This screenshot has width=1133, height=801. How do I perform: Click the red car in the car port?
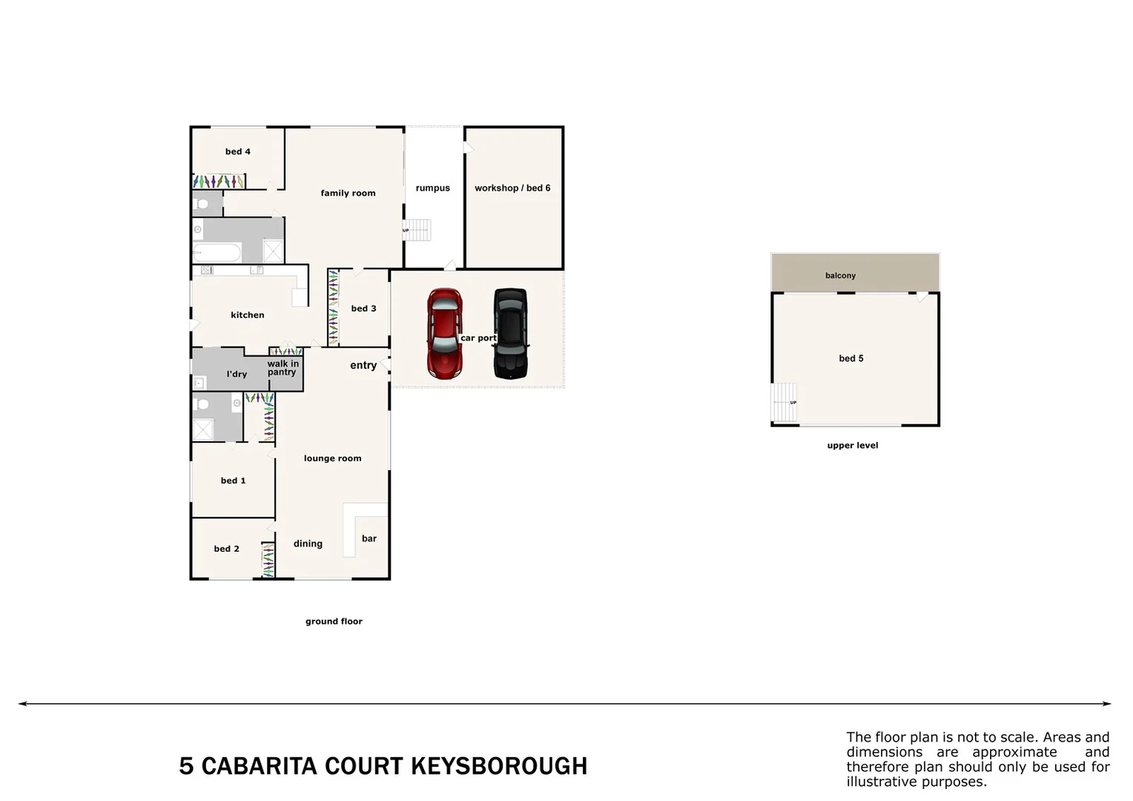tap(444, 333)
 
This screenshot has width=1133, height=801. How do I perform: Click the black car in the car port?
tap(511, 333)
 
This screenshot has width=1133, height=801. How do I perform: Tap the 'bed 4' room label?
tap(238, 152)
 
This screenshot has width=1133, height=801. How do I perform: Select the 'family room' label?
tap(348, 194)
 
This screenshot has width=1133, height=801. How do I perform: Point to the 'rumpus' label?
tap(433, 188)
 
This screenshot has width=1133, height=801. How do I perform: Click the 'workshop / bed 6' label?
tap(512, 188)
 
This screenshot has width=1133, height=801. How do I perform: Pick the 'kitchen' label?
tap(248, 315)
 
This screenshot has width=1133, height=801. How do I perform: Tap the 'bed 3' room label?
tap(363, 309)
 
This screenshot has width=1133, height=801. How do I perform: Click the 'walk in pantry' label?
tap(283, 368)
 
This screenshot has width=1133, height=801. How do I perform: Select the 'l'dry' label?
tap(237, 375)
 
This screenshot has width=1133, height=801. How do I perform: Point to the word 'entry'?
tap(363, 366)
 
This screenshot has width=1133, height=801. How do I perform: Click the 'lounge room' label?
tap(332, 458)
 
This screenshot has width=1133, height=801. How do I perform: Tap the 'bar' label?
tap(369, 539)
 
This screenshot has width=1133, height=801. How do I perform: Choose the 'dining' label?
tap(308, 544)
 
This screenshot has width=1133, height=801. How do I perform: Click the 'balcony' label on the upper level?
tap(840, 276)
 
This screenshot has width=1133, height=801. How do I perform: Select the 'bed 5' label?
tap(851, 359)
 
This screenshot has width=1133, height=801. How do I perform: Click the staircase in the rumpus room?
tap(417, 230)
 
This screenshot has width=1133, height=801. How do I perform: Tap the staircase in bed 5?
tap(784, 402)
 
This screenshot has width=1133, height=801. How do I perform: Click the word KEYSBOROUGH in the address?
tap(498, 766)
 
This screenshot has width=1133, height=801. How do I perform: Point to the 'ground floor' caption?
tap(334, 622)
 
